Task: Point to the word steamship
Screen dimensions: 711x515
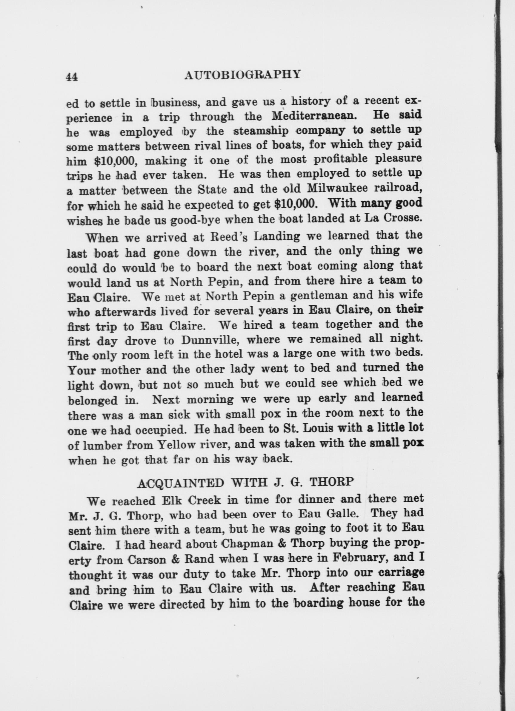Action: click(x=262, y=131)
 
